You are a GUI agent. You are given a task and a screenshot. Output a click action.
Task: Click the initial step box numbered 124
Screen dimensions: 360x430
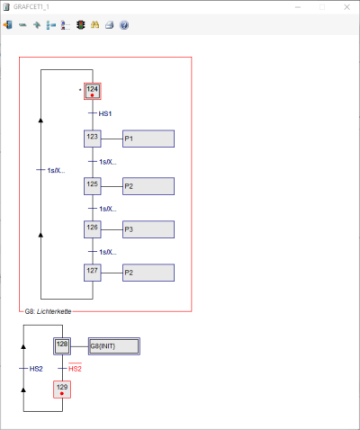(x=93, y=91)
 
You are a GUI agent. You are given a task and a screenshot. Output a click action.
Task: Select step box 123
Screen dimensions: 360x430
(x=93, y=139)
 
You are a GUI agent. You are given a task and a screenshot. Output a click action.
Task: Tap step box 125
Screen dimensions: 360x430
(x=93, y=186)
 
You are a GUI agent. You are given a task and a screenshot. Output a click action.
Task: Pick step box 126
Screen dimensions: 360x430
(x=93, y=229)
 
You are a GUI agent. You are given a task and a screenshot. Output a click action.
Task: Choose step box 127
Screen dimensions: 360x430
(x=93, y=273)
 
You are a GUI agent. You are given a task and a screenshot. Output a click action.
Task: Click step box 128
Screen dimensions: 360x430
(x=62, y=346)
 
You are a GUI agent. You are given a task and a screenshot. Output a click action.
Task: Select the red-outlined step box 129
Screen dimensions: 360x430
(x=62, y=390)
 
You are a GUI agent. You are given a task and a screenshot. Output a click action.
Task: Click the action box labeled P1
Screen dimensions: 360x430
(x=148, y=139)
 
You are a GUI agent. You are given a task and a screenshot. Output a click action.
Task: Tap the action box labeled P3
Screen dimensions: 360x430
(x=148, y=229)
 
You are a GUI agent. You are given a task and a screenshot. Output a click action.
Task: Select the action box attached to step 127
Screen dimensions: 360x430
(x=148, y=273)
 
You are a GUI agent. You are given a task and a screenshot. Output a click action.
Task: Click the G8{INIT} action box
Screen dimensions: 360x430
(x=114, y=346)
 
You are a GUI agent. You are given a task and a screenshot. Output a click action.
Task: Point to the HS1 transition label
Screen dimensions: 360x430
(x=105, y=113)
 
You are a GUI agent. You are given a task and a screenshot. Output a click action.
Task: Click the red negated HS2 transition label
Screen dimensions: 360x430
(x=75, y=368)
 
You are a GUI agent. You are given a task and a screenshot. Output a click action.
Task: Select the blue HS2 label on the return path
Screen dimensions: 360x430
(x=36, y=369)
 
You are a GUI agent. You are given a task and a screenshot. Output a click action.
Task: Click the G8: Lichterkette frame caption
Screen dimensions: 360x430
(x=48, y=311)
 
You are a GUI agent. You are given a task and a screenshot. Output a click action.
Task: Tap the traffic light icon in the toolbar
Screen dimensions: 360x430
(x=80, y=25)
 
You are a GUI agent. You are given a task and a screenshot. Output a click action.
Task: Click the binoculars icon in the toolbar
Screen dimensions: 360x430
(x=94, y=25)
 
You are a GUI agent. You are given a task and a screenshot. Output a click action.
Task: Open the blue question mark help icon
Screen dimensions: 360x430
(x=124, y=25)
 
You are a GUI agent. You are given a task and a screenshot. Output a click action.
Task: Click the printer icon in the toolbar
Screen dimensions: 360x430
(x=110, y=25)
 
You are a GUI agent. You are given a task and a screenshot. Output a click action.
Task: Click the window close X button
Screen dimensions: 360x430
(x=346, y=7)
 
